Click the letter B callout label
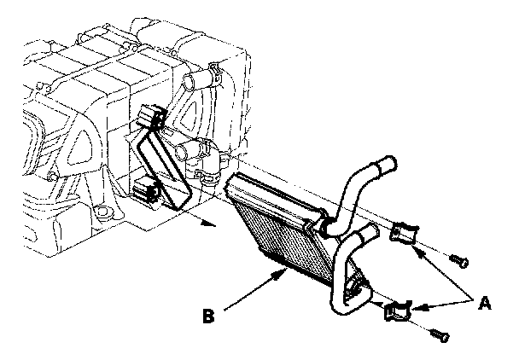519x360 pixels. (209, 316)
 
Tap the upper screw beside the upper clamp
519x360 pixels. (459, 259)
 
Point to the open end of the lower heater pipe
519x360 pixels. (370, 230)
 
